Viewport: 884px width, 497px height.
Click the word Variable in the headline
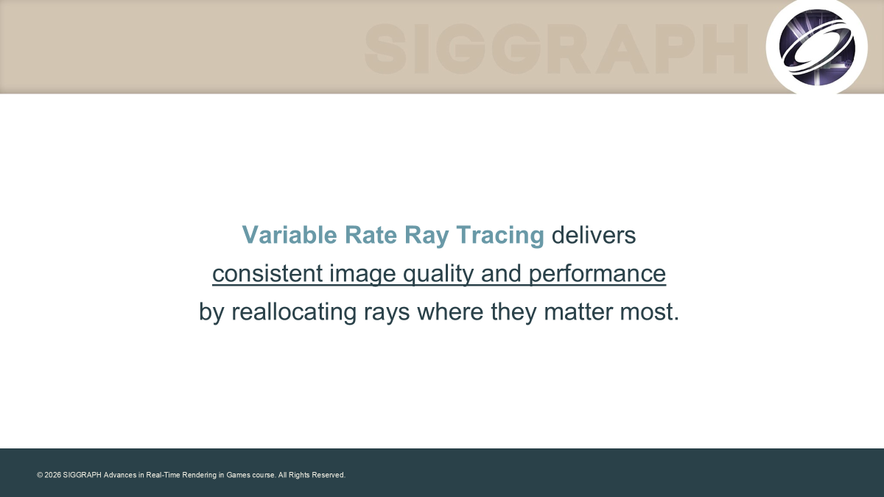click(290, 235)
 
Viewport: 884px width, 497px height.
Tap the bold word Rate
click(371, 235)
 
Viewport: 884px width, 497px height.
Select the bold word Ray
click(427, 236)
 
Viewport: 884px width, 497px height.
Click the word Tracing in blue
click(500, 236)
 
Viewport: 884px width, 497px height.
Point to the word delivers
click(594, 235)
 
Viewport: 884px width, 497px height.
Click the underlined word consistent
click(267, 273)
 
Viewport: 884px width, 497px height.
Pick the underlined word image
click(362, 275)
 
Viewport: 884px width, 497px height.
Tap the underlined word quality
click(438, 275)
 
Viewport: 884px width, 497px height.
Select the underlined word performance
click(597, 275)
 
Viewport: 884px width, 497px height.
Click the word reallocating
click(294, 312)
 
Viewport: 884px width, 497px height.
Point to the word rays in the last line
click(387, 314)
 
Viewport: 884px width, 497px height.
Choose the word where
click(450, 311)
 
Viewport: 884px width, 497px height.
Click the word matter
click(578, 311)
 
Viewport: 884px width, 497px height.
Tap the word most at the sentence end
click(646, 312)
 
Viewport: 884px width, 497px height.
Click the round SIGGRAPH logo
click(817, 47)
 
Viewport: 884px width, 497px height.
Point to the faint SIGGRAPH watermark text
click(555, 49)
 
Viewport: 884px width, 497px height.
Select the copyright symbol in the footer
click(40, 475)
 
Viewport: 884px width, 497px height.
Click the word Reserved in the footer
click(329, 475)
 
